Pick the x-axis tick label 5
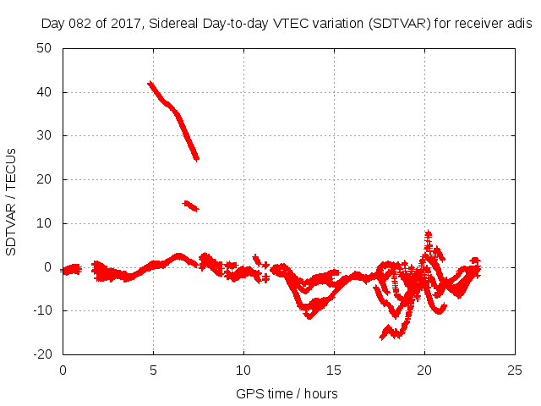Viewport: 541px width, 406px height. pyautogui.click(x=153, y=370)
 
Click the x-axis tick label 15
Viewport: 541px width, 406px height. pyautogui.click(x=334, y=370)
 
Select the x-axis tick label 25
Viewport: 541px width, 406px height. pyautogui.click(x=515, y=370)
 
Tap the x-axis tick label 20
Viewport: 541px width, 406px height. pyautogui.click(x=424, y=370)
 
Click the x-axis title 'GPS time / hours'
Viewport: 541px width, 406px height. pyautogui.click(x=288, y=393)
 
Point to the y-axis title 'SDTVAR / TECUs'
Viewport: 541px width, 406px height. pyautogui.click(x=12, y=201)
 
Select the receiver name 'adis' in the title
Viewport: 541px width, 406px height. pyautogui.click(x=518, y=25)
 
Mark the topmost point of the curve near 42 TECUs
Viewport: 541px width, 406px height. pyautogui.click(x=150, y=84)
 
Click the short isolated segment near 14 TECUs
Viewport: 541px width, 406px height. pyautogui.click(x=190, y=205)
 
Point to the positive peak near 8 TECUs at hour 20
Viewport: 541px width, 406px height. pyautogui.click(x=429, y=233)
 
